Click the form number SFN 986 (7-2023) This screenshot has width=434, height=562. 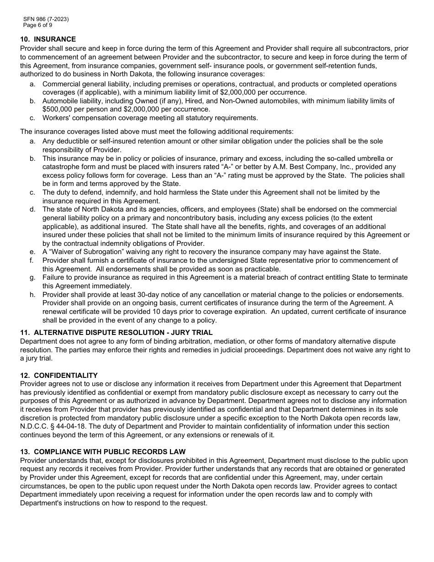(46, 19)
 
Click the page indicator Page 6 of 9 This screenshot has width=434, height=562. (38, 25)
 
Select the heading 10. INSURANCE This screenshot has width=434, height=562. (48, 39)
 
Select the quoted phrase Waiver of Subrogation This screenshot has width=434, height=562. (86, 252)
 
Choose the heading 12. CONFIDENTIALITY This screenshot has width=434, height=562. (59, 376)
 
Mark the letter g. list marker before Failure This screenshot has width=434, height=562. (32, 277)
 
